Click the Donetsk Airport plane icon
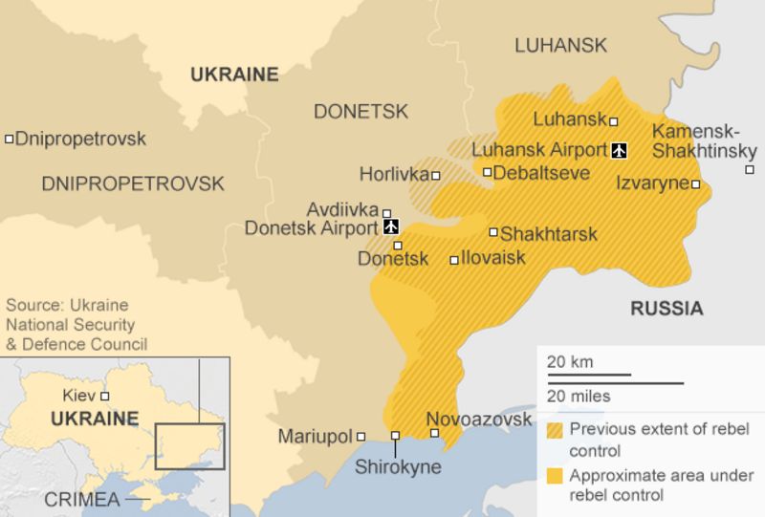[390, 227]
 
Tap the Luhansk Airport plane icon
[619, 150]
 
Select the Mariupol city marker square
[361, 437]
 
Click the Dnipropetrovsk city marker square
[9, 140]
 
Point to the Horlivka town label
[393, 174]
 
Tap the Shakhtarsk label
[548, 233]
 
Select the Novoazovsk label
[478, 420]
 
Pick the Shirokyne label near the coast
[398, 467]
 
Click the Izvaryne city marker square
[696, 184]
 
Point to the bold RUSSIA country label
[667, 308]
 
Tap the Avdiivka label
[342, 209]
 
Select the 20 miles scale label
[579, 396]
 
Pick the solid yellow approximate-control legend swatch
[556, 475]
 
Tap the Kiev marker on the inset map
[105, 396]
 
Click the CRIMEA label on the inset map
[81, 500]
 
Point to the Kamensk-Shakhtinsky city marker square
[749, 170]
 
